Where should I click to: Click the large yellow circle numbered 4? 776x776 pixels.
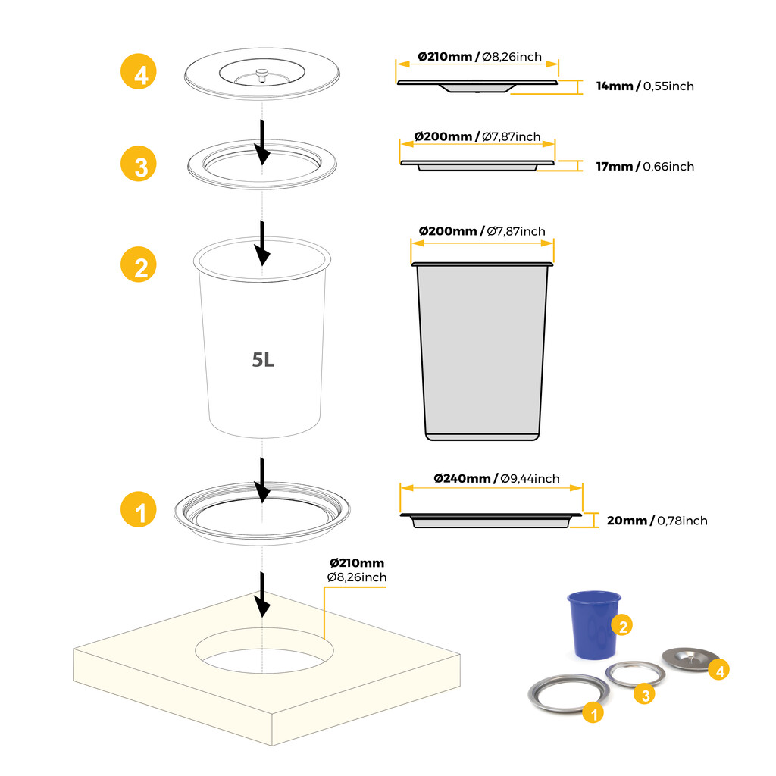click(140, 74)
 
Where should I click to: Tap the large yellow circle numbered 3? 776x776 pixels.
click(140, 164)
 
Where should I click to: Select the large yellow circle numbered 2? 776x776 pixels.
click(140, 266)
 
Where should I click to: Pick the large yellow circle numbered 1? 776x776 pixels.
click(140, 512)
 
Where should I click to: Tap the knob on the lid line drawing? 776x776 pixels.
click(261, 74)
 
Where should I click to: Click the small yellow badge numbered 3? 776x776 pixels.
click(643, 694)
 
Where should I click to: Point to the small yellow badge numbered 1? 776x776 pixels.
click(593, 712)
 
